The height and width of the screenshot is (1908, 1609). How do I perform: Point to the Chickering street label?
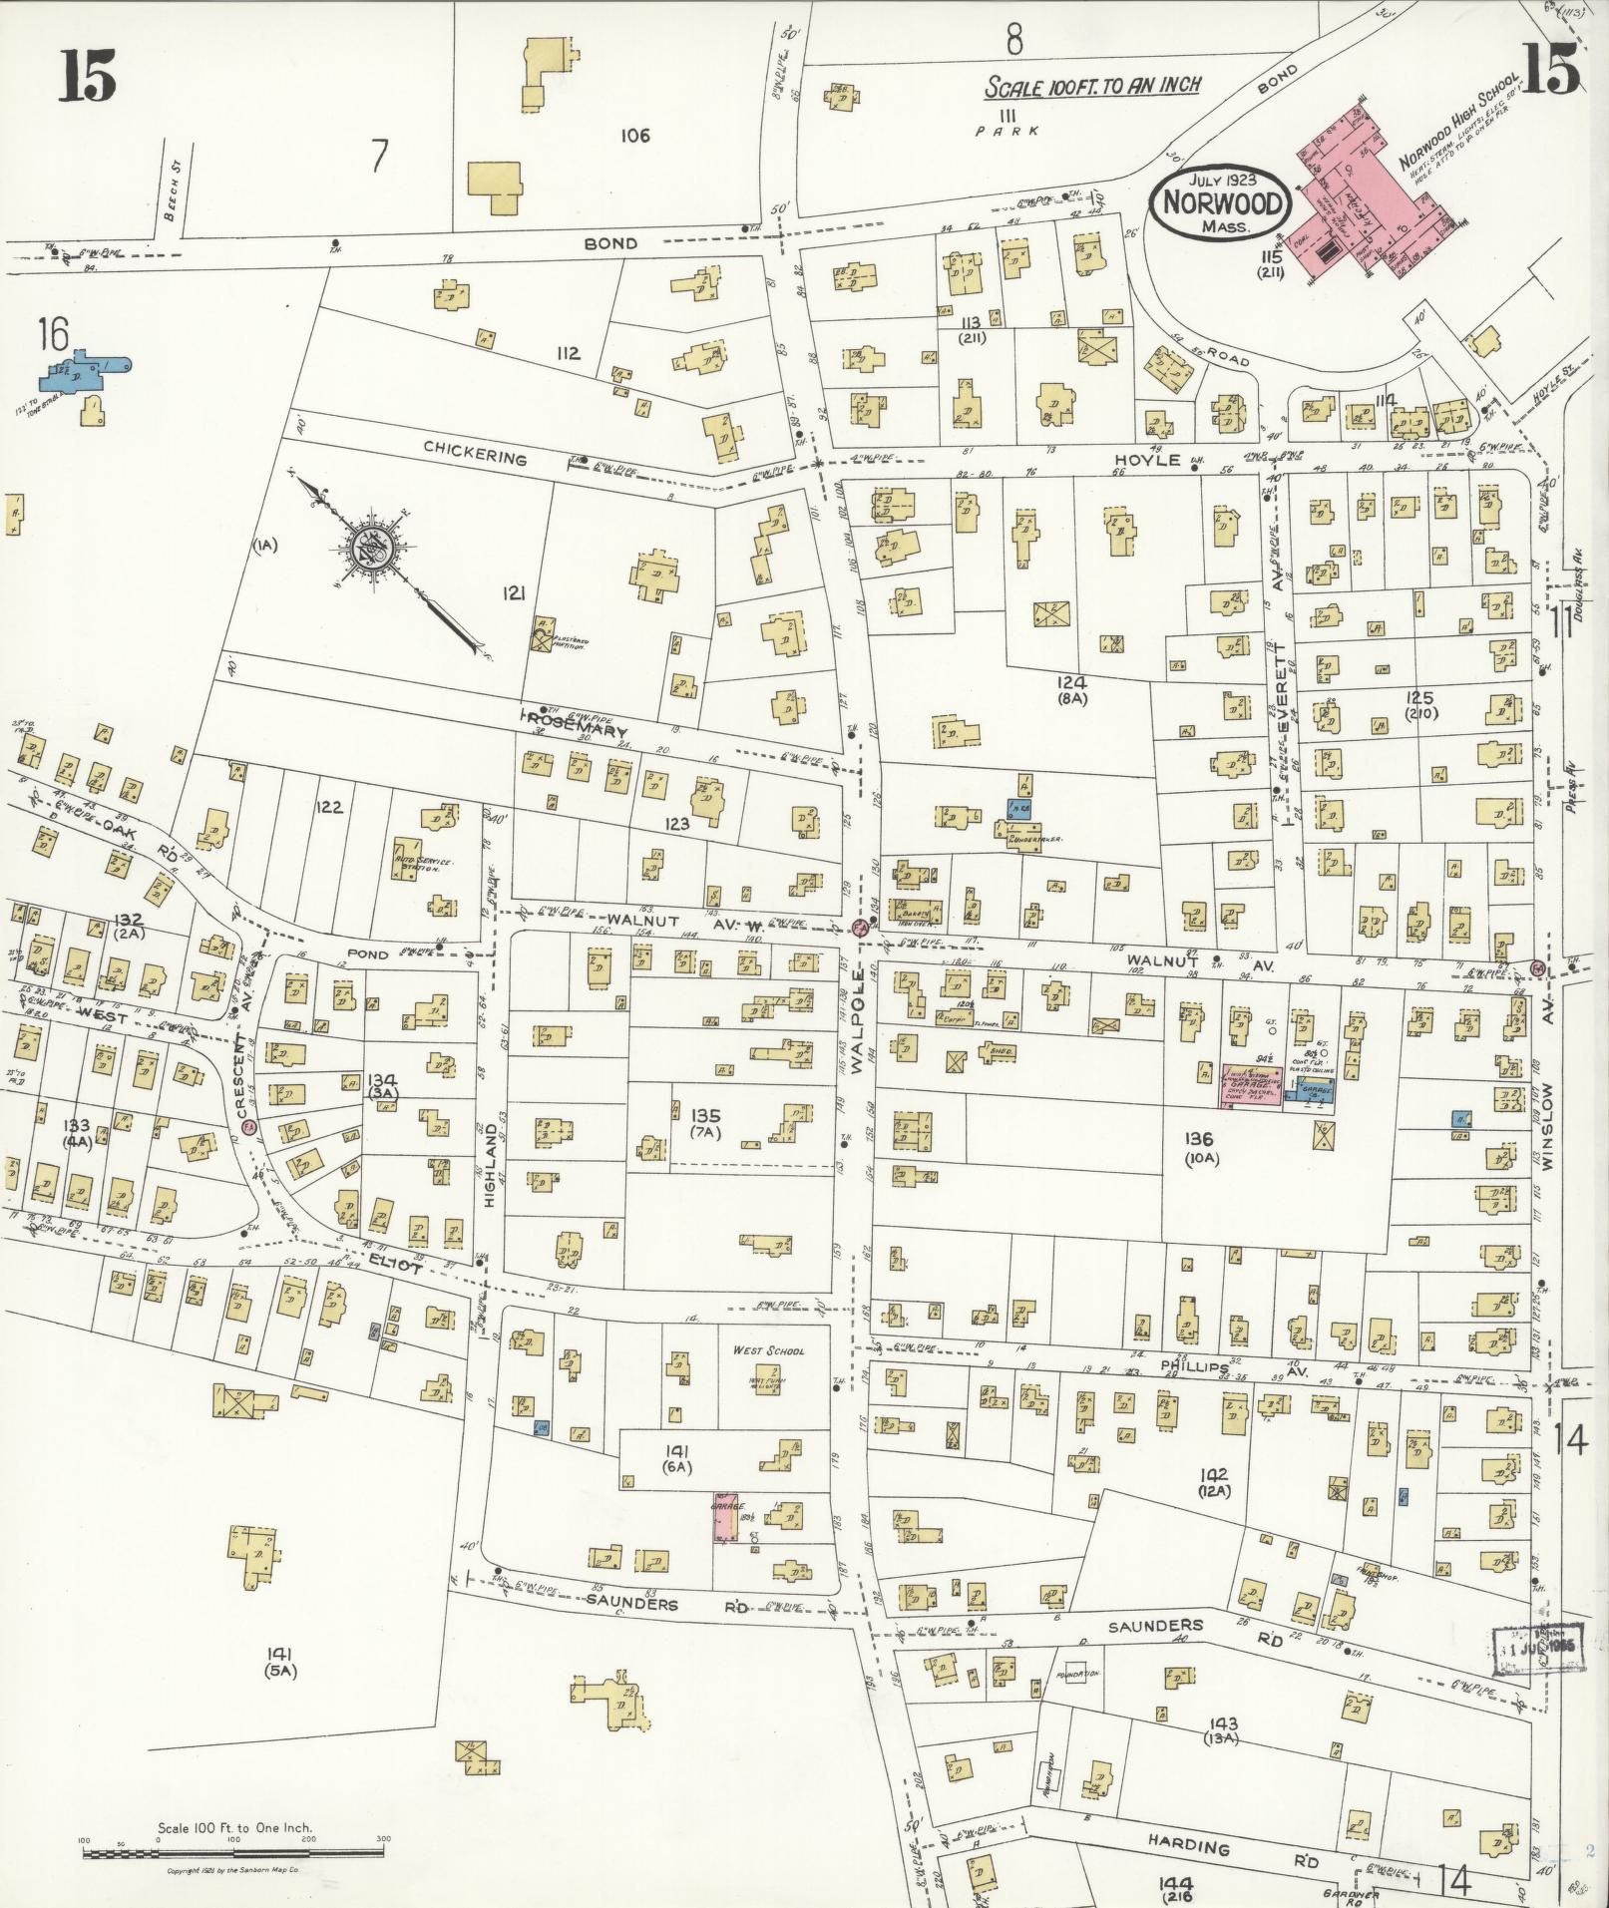coord(475,459)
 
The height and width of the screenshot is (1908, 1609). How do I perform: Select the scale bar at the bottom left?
coord(233,1852)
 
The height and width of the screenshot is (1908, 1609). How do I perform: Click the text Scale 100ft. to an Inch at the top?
coord(1092,87)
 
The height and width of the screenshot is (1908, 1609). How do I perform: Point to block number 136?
coord(1198,1138)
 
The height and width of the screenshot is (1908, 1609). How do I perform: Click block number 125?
coord(1417,697)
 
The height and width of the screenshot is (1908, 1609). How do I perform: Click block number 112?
coord(568,353)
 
